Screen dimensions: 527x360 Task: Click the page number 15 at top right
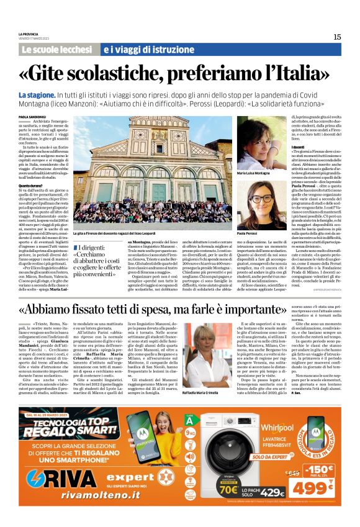336,37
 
